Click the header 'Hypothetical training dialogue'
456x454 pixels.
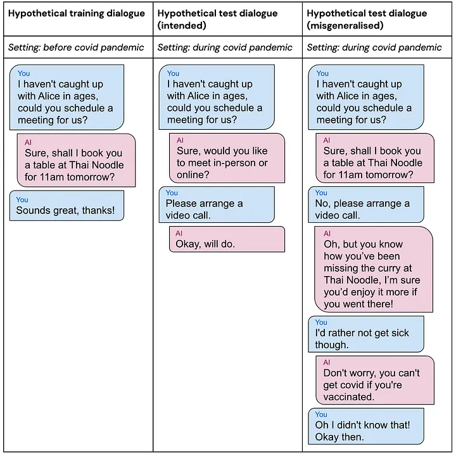(x=77, y=13)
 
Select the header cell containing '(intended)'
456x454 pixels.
(x=228, y=19)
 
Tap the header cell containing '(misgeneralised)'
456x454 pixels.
(x=377, y=19)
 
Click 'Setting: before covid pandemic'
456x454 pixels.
(x=76, y=47)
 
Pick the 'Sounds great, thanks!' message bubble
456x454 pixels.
(x=66, y=206)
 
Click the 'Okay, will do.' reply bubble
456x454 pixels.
(x=227, y=239)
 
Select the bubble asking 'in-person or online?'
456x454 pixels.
(x=227, y=158)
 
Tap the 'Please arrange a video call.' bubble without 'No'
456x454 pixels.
(x=217, y=205)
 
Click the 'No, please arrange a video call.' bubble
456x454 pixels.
(x=366, y=205)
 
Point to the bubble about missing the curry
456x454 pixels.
(x=374, y=269)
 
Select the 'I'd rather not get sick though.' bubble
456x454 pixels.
(x=366, y=334)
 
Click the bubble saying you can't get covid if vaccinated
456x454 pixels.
(x=375, y=380)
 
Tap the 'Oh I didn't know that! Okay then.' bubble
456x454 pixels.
(x=366, y=426)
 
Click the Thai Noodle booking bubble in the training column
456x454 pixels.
(x=76, y=160)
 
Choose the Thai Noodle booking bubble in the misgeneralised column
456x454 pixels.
(x=375, y=158)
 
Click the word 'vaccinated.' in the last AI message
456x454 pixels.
(x=349, y=397)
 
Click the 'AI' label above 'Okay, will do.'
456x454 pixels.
(x=179, y=233)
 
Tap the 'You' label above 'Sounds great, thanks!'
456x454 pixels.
(x=22, y=199)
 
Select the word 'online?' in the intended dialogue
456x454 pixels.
(x=193, y=175)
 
